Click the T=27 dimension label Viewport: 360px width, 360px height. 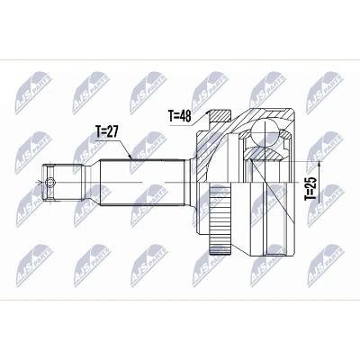pyautogui.click(x=107, y=131)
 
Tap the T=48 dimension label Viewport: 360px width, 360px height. pyautogui.click(x=179, y=116)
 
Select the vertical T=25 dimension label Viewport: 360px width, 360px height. pyautogui.click(x=310, y=189)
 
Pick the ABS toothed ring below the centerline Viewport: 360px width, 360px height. pyautogui.click(x=220, y=220)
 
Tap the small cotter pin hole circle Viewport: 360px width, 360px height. pyautogui.click(x=50, y=182)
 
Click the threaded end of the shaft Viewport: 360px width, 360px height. pyautogui.click(x=63, y=182)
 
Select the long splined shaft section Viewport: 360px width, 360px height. pyautogui.click(x=141, y=182)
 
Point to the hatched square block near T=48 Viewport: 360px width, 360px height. pyautogui.click(x=220, y=115)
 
